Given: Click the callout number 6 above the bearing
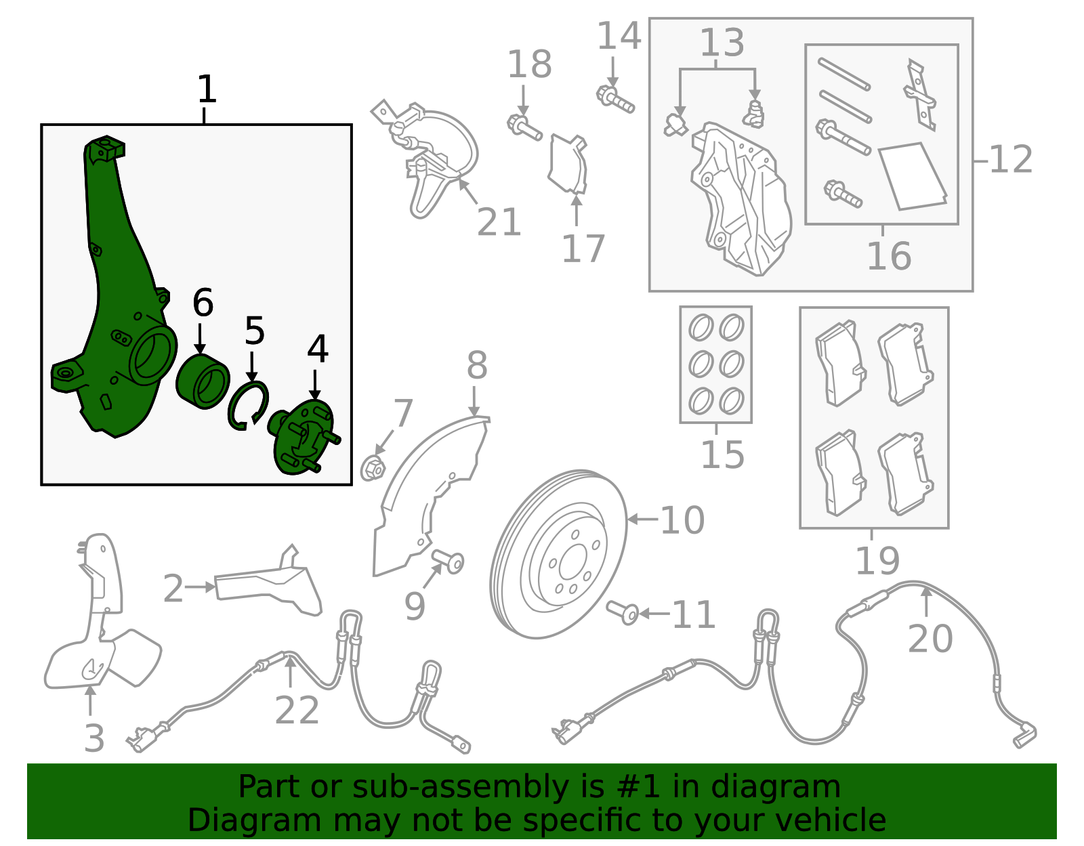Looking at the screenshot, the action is point(203,303).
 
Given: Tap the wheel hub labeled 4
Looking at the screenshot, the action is point(304,438).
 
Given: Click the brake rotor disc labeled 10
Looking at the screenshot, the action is point(558,554).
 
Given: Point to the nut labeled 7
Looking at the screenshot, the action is point(373,467).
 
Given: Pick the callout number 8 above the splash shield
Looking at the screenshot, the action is point(477,365).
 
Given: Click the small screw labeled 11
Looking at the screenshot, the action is point(623,613).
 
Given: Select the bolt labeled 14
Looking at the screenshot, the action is point(615,99).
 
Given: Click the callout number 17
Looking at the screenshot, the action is point(583,249).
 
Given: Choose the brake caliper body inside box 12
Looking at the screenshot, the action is point(741,199).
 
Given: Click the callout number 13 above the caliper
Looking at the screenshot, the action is point(722,42).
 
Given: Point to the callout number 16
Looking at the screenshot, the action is point(889,256).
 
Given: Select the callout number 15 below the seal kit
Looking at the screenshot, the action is point(723,454).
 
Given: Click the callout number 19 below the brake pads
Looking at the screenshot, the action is point(877,560).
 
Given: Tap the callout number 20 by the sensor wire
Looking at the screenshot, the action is point(930,639).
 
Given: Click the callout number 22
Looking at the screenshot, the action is point(297,710).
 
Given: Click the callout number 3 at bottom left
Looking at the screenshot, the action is point(94,738).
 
